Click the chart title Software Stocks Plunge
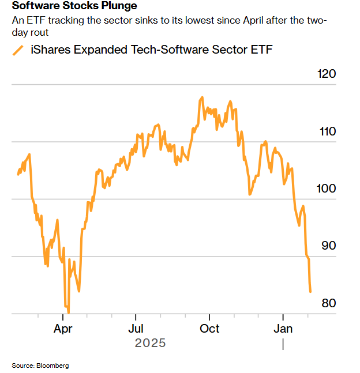point(74,6)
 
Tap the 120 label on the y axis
point(327,74)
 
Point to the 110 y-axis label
point(327,131)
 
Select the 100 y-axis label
point(327,189)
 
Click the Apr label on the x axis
point(63,329)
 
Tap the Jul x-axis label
point(136,329)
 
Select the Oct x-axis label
point(209,329)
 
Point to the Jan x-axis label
point(283,329)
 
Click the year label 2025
point(150,343)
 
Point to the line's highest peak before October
point(202,97)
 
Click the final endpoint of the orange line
point(310,292)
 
